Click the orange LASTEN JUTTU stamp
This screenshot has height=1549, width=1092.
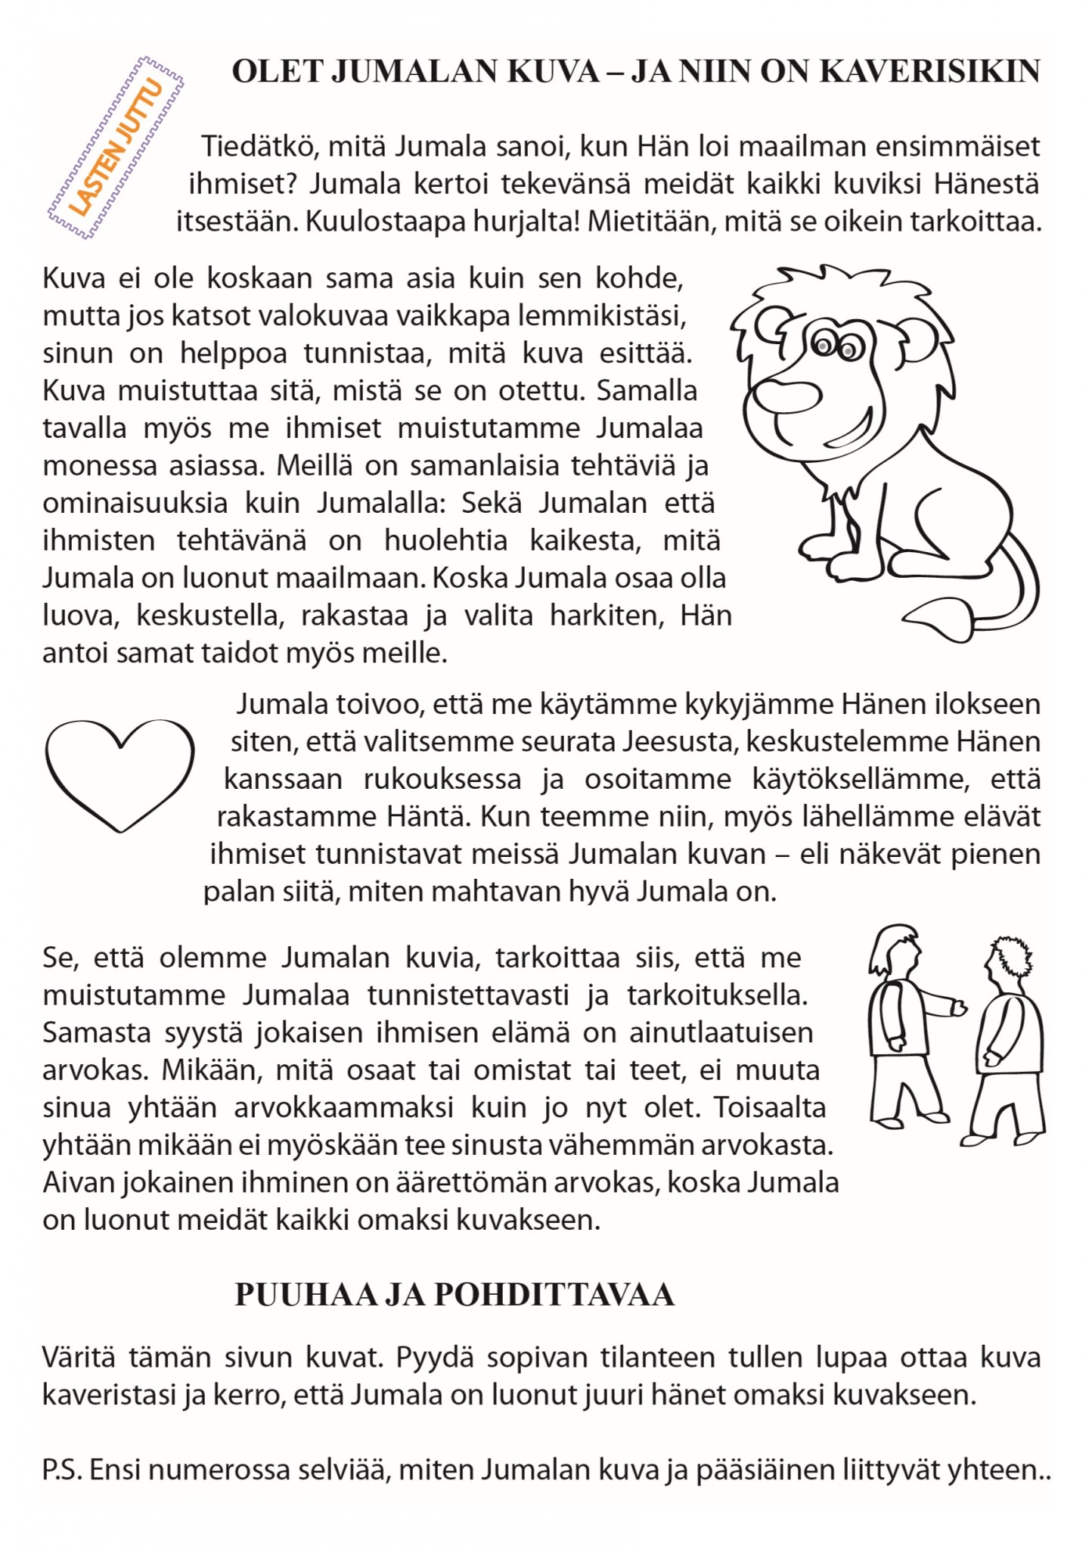pos(116,147)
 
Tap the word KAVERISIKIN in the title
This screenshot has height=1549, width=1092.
pos(930,72)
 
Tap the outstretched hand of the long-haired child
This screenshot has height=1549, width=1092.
pos(959,1008)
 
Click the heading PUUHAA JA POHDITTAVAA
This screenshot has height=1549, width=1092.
pos(454,1296)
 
